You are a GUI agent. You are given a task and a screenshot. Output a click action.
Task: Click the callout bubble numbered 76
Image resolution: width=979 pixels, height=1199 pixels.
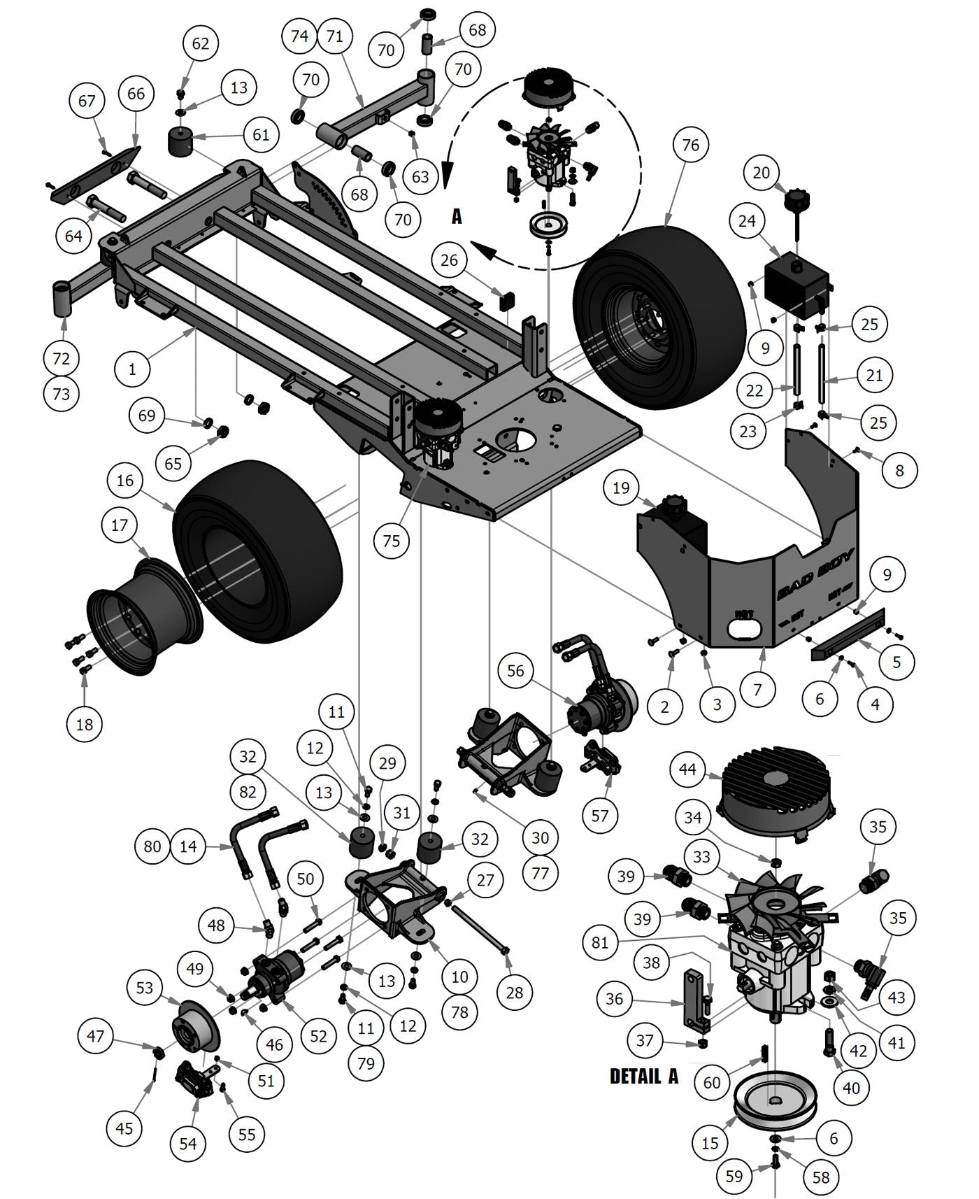coord(690,145)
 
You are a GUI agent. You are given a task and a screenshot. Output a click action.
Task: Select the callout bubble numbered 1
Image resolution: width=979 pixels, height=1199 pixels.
coord(133,369)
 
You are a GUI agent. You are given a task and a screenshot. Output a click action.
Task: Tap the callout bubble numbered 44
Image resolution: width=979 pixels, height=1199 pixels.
coord(687,770)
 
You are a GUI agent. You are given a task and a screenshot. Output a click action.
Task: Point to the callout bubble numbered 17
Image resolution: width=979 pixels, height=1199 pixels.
coord(120,524)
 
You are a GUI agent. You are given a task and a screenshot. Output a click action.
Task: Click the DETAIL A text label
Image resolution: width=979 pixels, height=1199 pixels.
coord(643,1075)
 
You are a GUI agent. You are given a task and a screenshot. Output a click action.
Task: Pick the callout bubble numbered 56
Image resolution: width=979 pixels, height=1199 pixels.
coord(515,671)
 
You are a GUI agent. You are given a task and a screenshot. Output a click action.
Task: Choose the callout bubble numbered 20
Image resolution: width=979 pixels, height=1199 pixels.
coord(761,173)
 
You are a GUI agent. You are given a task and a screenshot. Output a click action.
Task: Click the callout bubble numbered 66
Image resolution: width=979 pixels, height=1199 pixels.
coord(136,93)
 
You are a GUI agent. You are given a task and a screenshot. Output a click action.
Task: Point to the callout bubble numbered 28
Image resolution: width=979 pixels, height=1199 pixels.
coord(514,992)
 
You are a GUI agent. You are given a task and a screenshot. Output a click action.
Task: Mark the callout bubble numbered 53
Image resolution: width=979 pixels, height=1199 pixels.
coord(145,987)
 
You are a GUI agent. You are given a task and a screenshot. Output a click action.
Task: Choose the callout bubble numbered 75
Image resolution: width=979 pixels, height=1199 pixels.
coord(392,540)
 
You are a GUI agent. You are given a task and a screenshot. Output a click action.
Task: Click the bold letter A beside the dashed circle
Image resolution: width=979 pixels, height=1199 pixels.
coord(457,217)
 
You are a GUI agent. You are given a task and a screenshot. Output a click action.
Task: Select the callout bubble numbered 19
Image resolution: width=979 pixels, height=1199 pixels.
coord(621,488)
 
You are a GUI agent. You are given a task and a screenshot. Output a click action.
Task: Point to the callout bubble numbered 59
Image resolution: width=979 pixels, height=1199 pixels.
coord(734,1176)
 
